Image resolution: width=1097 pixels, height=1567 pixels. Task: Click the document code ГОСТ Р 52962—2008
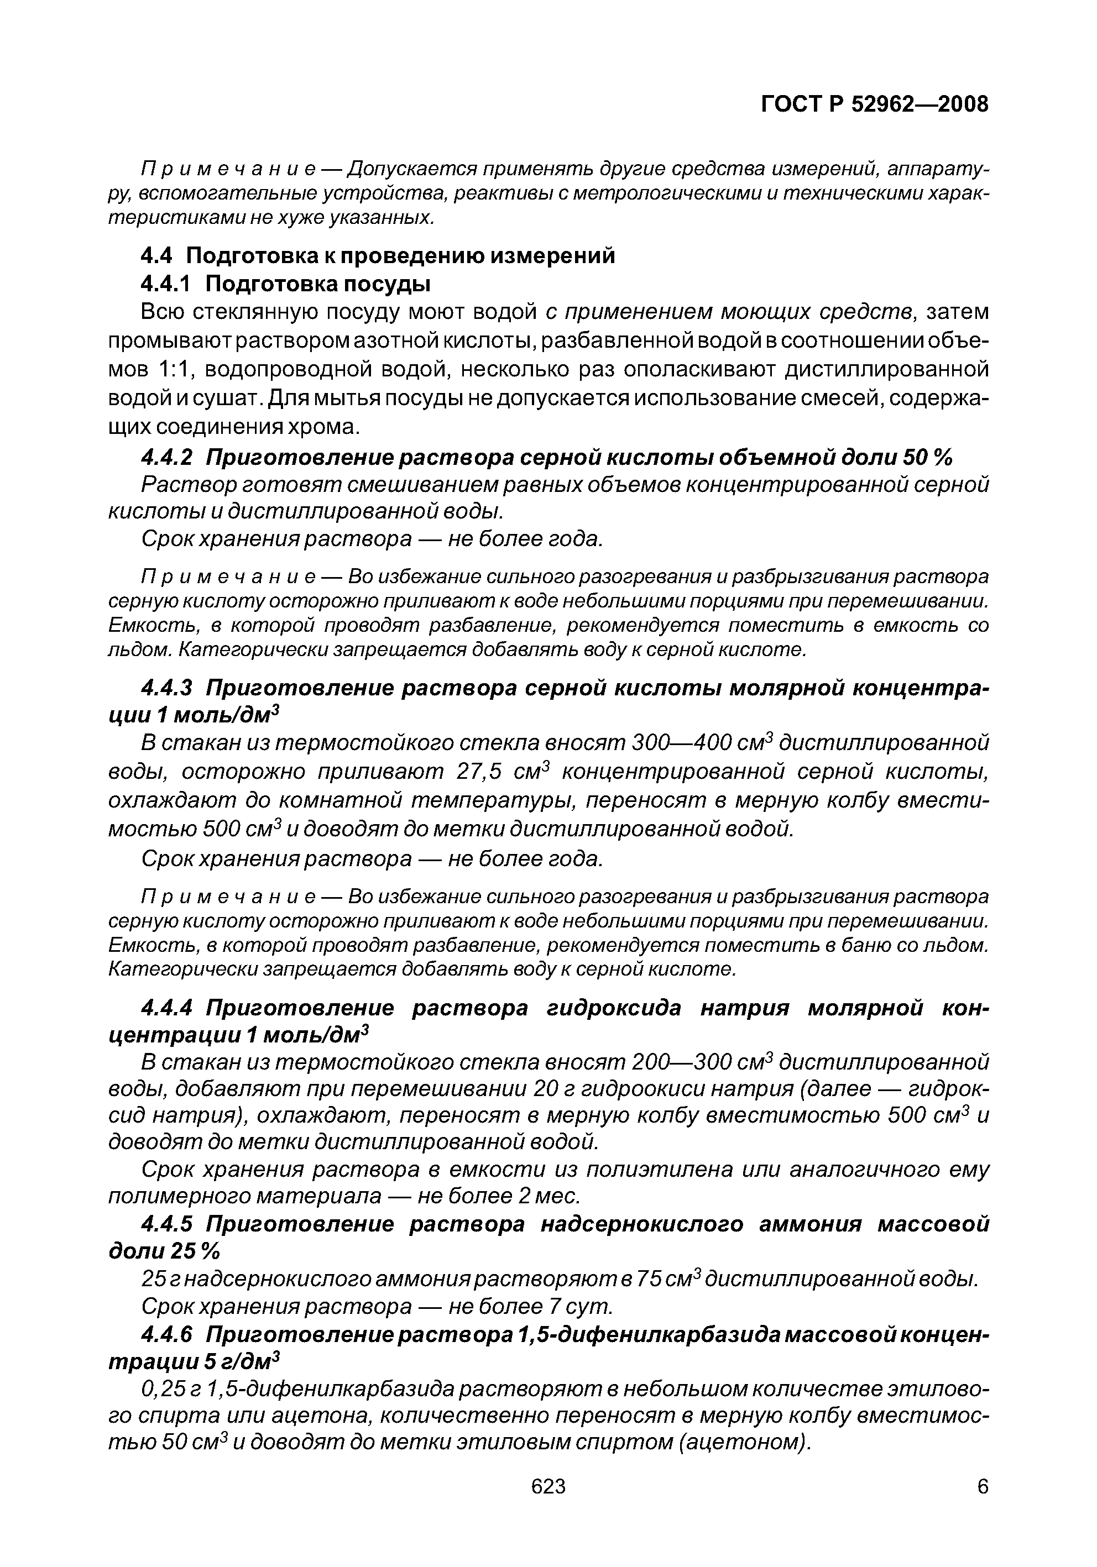click(874, 104)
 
